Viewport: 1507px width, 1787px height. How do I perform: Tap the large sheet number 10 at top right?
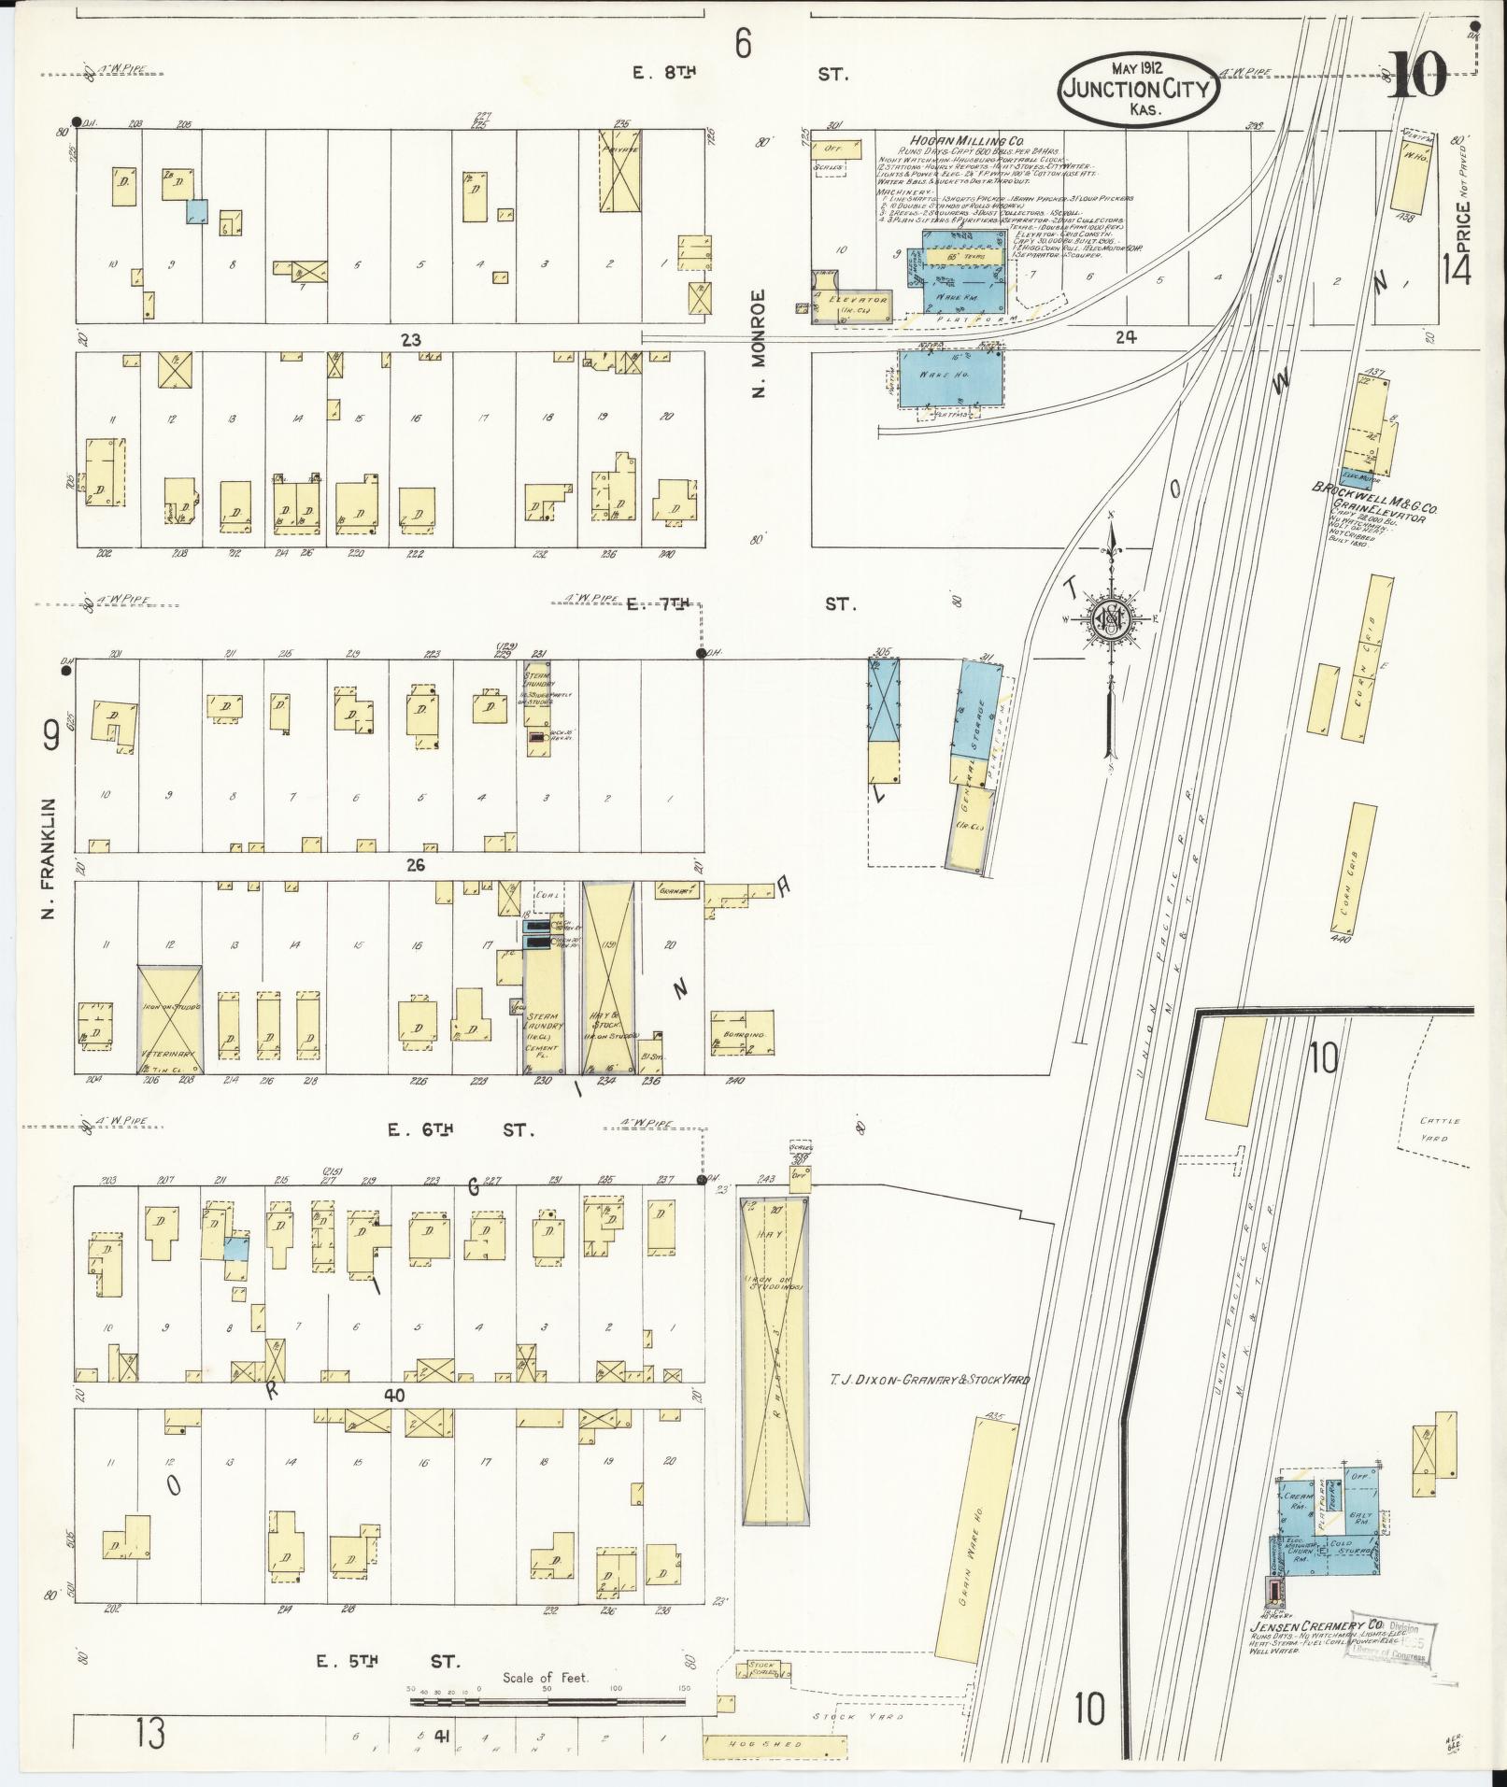(1416, 76)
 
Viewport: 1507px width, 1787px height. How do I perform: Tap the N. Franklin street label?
(50, 857)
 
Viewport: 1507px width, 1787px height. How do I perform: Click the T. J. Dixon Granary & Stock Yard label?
(930, 1379)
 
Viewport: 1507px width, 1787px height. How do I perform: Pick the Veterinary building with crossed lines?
(169, 1019)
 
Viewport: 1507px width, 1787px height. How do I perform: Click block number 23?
(411, 340)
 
